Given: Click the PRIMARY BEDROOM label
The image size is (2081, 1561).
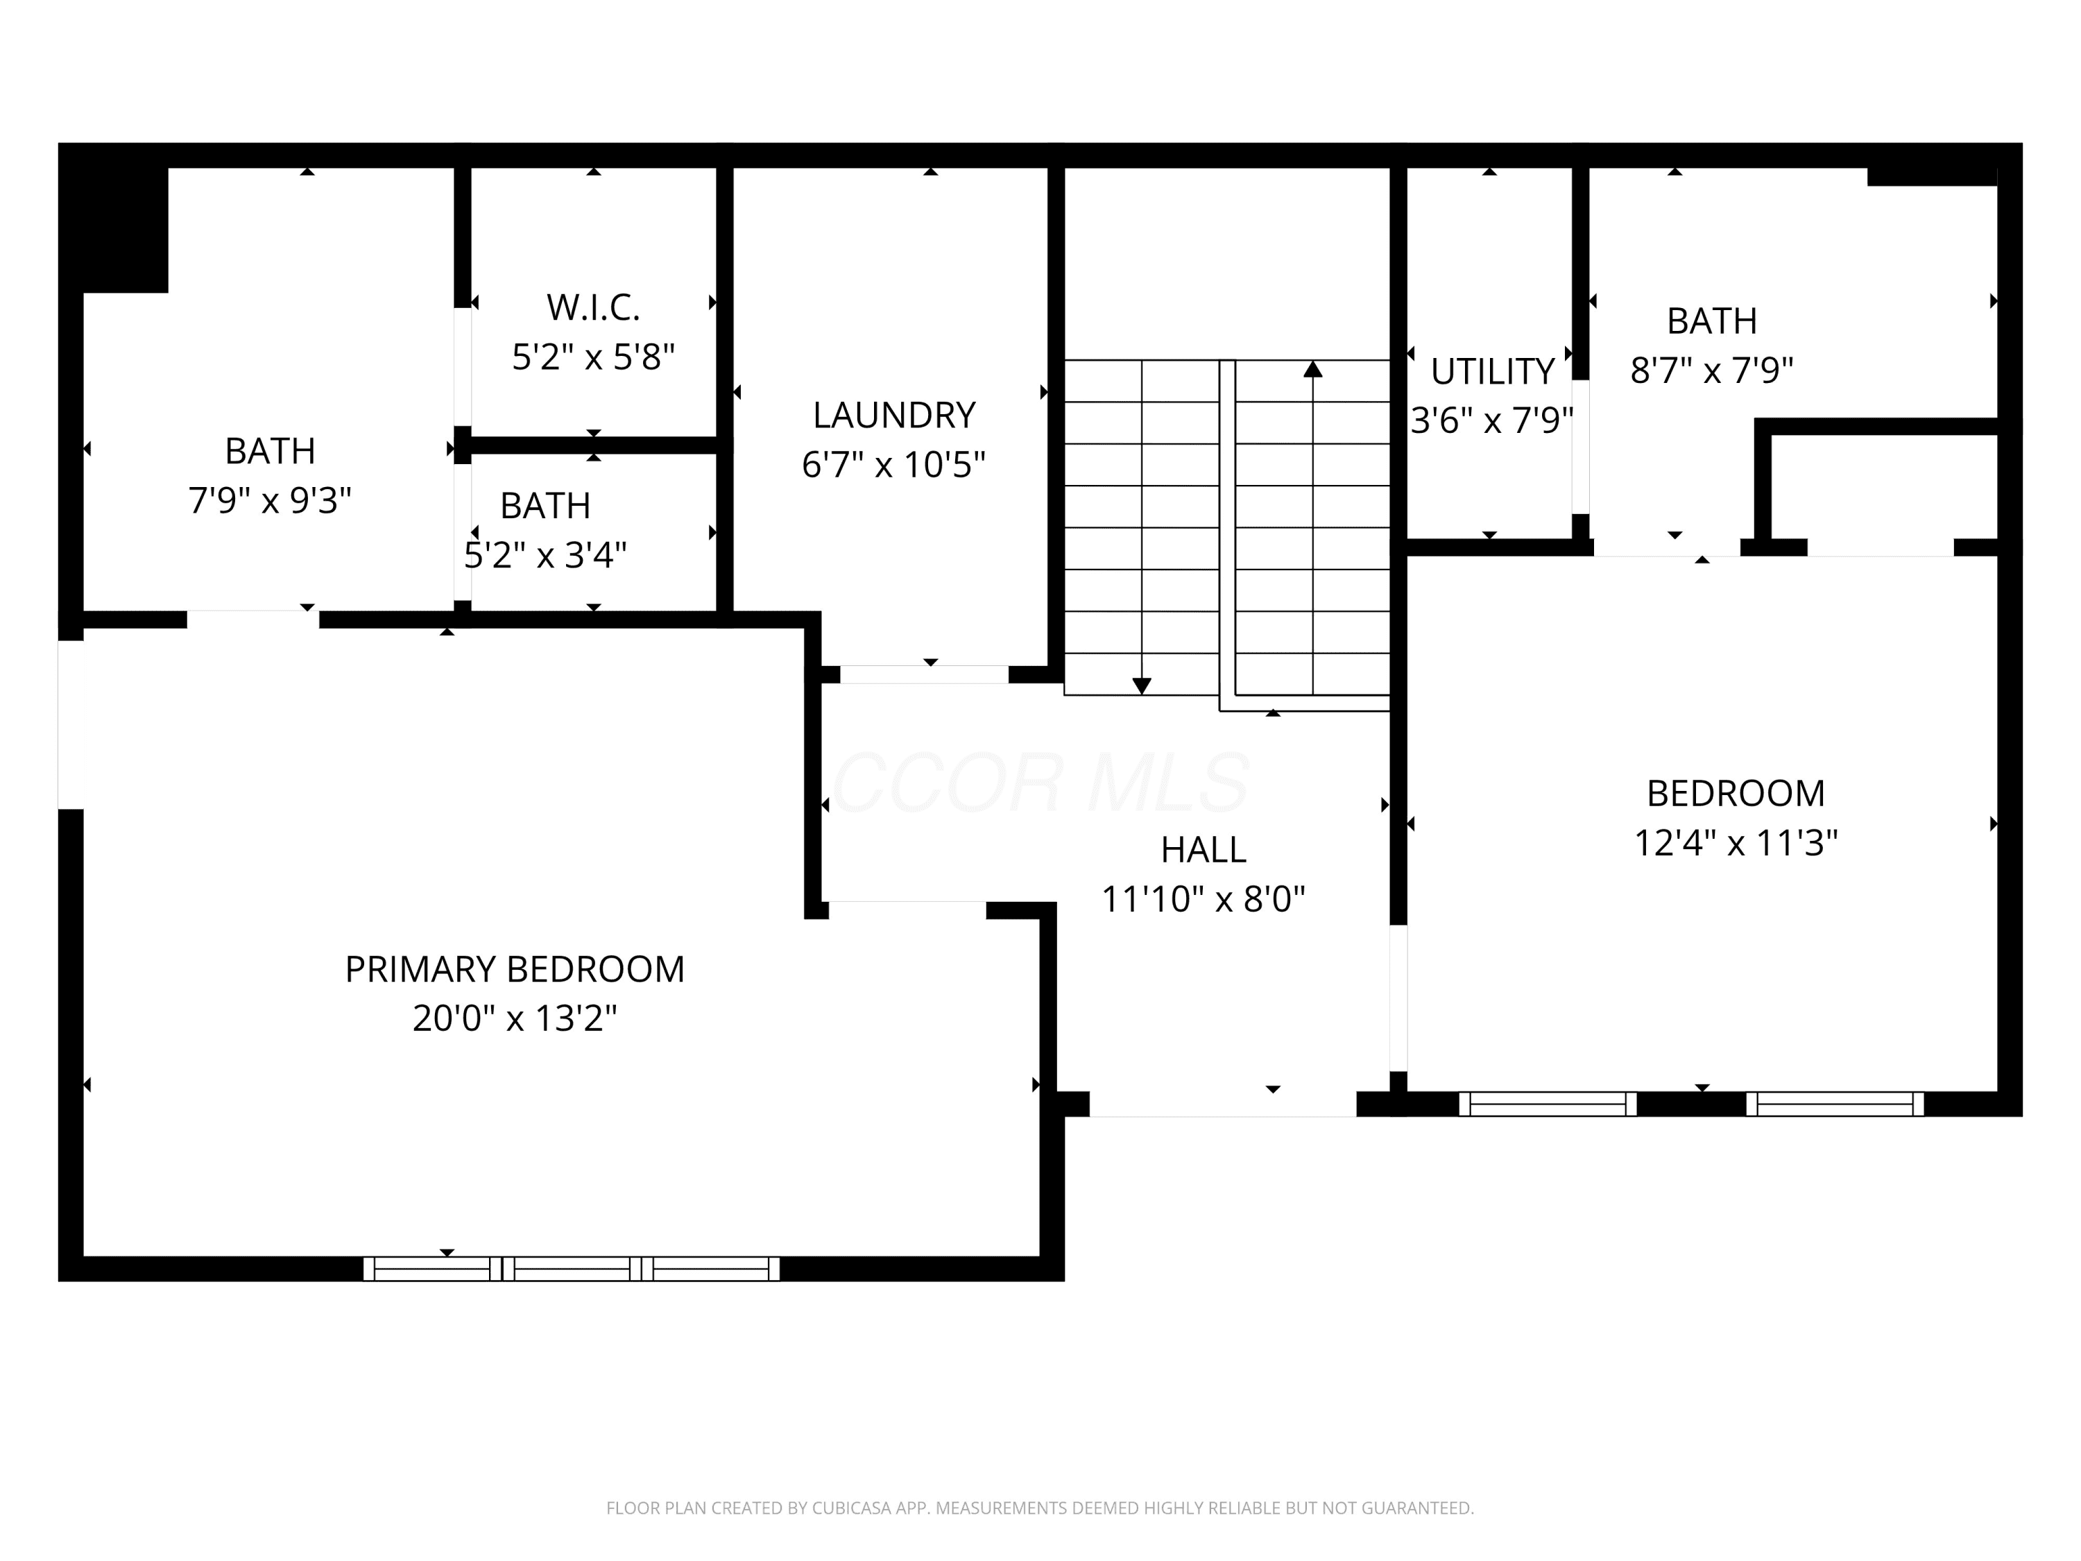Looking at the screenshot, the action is coord(515,969).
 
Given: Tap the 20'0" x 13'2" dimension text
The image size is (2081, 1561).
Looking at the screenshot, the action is coord(515,1018).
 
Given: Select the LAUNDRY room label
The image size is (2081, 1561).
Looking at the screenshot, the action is coord(893,415).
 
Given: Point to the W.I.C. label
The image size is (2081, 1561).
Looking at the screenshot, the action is coord(594,307).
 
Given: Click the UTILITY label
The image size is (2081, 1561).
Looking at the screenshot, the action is coord(1492,372).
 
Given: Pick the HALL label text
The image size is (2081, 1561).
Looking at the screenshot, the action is coord(1204,850).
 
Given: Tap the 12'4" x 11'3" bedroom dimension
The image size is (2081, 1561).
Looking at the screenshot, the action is coord(1736,842).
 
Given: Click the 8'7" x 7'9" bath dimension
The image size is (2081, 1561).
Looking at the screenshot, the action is coord(1711,370).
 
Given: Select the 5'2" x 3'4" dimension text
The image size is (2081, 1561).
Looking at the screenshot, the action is coord(546,554).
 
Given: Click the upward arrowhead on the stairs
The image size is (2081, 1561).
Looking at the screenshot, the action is coord(1312,369).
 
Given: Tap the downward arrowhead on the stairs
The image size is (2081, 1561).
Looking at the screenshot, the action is coord(1142,686).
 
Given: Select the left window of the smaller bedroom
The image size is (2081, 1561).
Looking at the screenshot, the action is coord(1548,1104).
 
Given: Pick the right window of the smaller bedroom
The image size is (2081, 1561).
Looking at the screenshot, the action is coord(1835,1104).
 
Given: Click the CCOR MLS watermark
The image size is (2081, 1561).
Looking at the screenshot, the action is coord(1040,782).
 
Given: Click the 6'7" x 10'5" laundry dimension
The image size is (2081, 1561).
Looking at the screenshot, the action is coord(893,464).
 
